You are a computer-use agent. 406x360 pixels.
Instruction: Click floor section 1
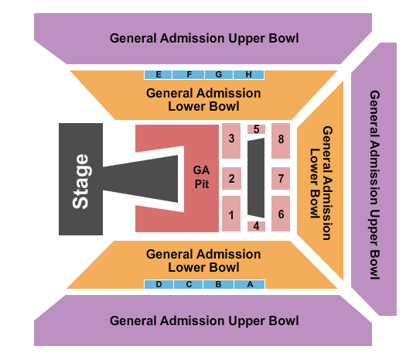231,214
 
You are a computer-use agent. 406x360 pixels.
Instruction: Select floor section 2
231,178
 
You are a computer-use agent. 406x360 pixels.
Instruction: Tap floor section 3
231,141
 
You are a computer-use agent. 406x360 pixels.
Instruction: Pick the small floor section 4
256,226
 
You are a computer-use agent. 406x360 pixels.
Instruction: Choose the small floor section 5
256,129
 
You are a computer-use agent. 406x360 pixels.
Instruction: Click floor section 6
281,214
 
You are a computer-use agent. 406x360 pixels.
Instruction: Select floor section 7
281,178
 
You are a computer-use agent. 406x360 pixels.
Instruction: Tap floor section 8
281,141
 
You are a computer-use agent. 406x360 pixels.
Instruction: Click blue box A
250,284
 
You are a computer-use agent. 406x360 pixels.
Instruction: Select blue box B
219,284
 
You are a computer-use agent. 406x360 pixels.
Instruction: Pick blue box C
189,284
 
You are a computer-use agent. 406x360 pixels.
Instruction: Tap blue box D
159,284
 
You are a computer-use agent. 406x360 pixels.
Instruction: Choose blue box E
158,74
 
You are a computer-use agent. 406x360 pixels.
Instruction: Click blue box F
189,74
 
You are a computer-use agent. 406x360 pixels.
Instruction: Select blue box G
219,74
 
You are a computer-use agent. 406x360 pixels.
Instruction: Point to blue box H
248,74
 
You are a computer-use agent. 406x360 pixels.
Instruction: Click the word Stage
80,181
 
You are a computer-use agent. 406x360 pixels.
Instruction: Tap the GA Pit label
201,177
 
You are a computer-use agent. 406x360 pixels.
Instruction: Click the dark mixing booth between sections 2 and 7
256,178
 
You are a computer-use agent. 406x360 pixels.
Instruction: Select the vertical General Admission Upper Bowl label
374,185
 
